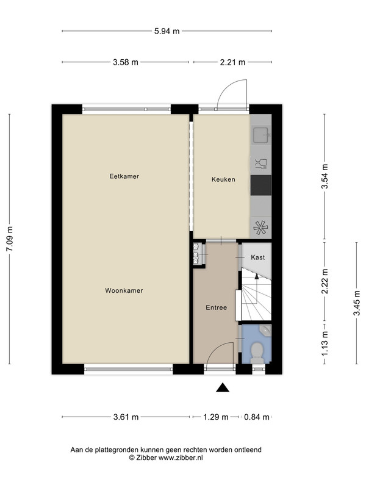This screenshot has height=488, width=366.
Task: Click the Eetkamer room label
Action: point(124,176)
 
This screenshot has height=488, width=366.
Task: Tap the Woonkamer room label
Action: point(124,290)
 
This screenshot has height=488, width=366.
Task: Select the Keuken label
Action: point(223,179)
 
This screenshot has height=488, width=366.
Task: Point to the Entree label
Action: point(217,307)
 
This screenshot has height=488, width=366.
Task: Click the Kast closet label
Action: point(257,257)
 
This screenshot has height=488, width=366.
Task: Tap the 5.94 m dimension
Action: point(167,31)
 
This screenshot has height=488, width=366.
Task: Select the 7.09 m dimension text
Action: point(10,239)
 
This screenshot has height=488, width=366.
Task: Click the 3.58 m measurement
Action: point(126,62)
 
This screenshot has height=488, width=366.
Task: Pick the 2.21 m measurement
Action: point(232,62)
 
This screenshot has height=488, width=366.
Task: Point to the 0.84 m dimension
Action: point(256,417)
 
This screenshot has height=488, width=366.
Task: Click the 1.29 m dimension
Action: point(216,417)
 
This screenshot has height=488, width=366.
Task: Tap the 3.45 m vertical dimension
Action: point(357,303)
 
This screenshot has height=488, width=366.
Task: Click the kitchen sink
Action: point(261,135)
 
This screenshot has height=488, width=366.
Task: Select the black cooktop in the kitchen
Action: point(261,185)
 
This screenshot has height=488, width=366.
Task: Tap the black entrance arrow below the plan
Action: point(223,387)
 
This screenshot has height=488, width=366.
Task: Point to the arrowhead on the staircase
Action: point(256,276)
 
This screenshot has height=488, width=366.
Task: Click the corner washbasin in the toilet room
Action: point(265,330)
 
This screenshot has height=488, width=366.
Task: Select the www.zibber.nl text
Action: point(181,457)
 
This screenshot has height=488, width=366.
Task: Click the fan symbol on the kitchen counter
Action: point(260,228)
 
